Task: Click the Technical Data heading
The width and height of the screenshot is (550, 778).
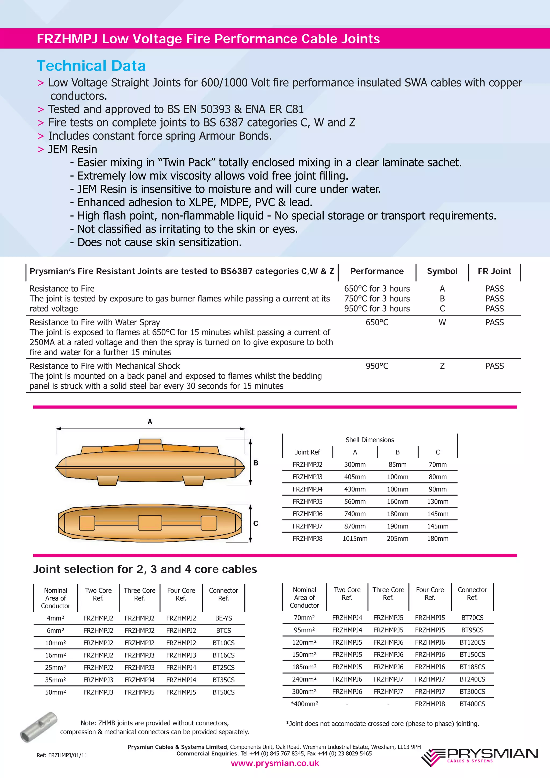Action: (91, 66)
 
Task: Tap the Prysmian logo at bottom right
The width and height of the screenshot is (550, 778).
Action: (480, 758)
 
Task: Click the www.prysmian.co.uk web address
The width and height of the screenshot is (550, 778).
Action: (275, 763)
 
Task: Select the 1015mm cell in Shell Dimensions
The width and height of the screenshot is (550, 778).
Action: (355, 539)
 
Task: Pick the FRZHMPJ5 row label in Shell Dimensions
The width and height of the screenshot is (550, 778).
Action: (307, 501)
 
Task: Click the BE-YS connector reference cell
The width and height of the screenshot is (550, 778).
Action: (223, 618)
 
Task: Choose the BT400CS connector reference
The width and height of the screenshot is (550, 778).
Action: (472, 704)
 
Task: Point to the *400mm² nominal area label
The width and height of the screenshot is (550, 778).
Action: (304, 704)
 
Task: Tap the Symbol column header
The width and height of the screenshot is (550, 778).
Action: (442, 271)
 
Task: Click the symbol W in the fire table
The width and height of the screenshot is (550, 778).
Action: (442, 322)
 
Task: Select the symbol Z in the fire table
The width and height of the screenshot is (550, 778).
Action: (442, 366)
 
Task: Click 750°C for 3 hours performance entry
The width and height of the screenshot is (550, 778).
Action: (377, 299)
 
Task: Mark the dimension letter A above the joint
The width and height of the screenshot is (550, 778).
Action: (150, 421)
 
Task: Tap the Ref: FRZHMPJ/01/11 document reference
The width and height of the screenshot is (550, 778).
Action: (62, 755)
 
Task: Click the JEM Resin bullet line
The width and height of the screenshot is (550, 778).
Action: (72, 149)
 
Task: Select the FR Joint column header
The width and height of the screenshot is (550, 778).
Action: (494, 271)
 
